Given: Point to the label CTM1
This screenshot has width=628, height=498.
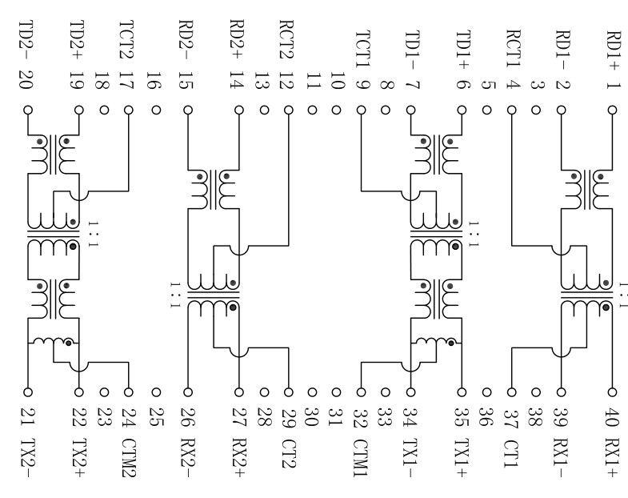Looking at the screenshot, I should [361, 460].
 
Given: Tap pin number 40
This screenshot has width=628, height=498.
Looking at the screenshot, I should [613, 417].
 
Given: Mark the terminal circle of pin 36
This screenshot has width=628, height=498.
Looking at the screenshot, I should [487, 392].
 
